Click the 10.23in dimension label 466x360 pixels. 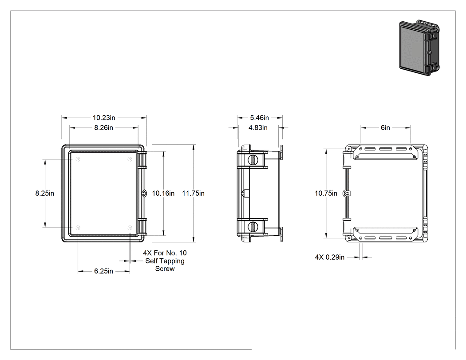point(104,118)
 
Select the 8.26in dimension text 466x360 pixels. point(104,128)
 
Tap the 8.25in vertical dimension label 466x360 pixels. point(44,193)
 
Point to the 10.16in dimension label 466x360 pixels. point(163,193)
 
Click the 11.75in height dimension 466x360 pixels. point(193,193)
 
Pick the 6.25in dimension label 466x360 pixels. point(104,271)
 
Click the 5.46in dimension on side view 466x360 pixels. point(260,118)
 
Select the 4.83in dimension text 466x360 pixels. point(258,128)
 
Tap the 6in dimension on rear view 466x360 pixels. point(386,128)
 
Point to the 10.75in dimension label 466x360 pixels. point(326,193)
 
